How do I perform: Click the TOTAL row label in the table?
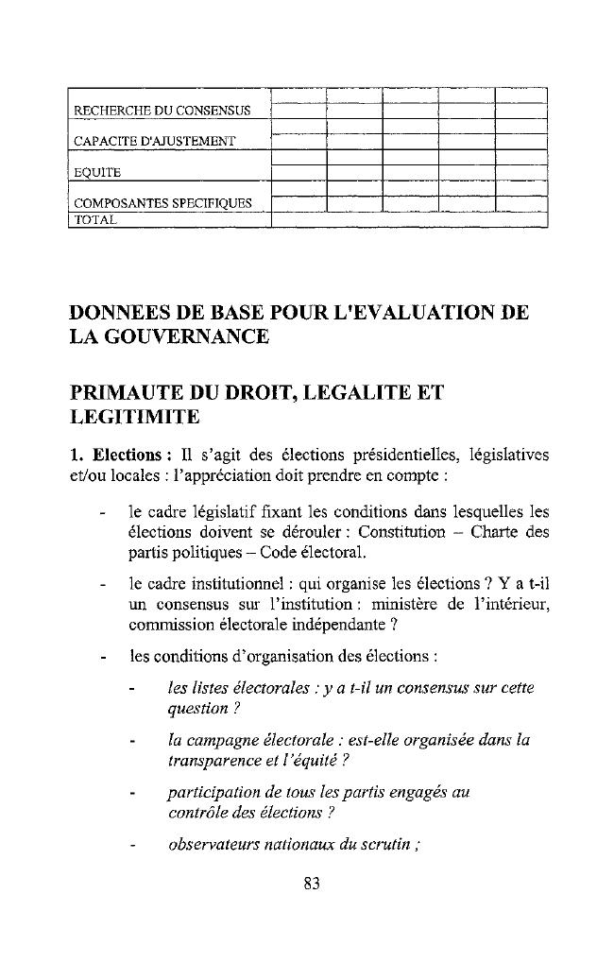[x=95, y=219]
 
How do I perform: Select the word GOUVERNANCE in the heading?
[x=194, y=336]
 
